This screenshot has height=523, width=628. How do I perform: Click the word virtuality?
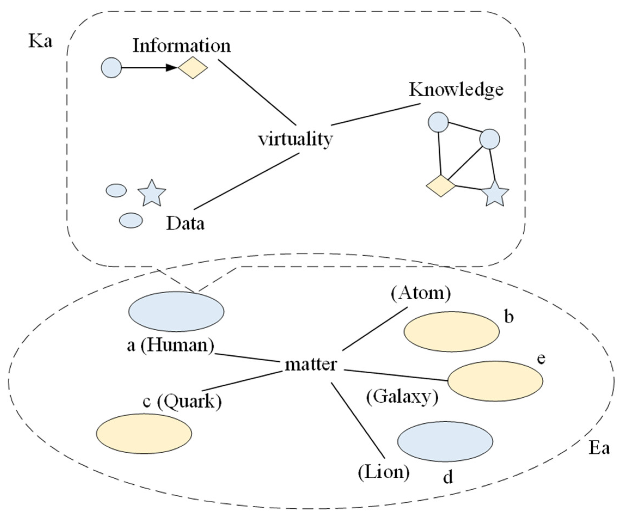(295, 139)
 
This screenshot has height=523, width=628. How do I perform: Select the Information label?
(182, 46)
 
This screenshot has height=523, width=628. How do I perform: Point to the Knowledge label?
(456, 90)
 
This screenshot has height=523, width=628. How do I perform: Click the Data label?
(185, 223)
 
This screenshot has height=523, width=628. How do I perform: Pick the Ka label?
(40, 41)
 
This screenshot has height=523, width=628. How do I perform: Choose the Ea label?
(599, 448)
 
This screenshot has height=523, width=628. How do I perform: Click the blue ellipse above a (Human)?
(176, 311)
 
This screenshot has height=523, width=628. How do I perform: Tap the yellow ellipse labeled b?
(452, 331)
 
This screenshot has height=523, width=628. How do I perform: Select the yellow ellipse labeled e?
(495, 381)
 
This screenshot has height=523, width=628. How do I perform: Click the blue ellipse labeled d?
(445, 441)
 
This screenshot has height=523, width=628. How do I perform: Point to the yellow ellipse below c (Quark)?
(144, 434)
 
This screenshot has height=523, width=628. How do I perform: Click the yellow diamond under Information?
(193, 68)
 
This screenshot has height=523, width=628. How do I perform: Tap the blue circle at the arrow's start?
(112, 68)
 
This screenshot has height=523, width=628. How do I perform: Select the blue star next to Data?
(152, 193)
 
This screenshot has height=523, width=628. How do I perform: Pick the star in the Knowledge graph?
(495, 194)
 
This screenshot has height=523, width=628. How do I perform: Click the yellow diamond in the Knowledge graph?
(441, 186)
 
